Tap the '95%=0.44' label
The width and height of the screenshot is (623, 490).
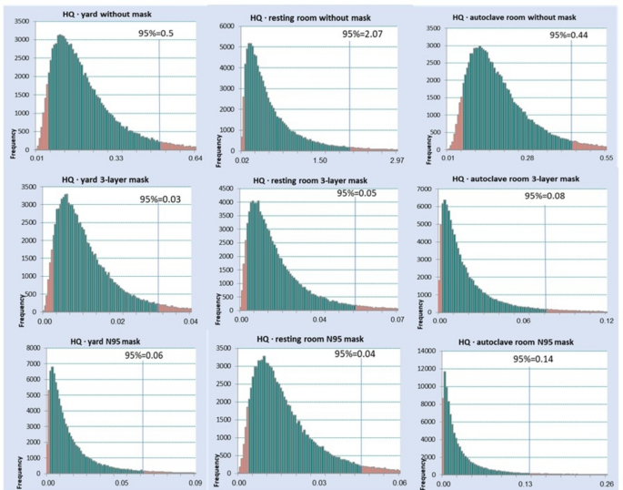pos(569,35)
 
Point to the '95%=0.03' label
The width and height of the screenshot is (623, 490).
pos(159,199)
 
